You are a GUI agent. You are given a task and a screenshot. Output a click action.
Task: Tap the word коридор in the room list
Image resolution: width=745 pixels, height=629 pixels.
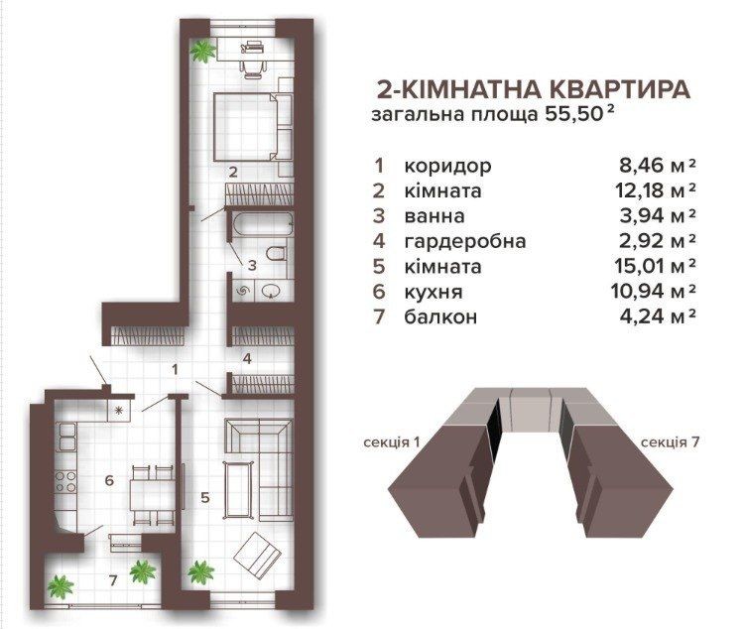pos(447,167)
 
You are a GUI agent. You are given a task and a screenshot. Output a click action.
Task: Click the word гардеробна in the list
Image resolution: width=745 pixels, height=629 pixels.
pos(465,241)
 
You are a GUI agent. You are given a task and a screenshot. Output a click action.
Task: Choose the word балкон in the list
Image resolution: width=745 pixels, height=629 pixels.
pos(440,316)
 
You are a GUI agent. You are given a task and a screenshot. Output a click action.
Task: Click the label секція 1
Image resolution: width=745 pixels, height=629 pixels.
pos(392,442)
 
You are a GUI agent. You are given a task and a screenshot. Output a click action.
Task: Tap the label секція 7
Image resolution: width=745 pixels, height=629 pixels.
pos(670,442)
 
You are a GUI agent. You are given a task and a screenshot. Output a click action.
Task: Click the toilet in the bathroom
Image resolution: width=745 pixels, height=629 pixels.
pos(276,253)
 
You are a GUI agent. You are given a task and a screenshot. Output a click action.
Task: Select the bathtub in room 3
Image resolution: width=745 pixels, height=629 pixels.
pos(262,224)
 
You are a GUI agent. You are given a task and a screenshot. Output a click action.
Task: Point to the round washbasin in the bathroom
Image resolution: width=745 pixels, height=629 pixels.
pos(271,291)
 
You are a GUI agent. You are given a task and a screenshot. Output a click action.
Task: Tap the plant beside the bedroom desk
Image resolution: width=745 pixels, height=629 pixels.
pos(203,51)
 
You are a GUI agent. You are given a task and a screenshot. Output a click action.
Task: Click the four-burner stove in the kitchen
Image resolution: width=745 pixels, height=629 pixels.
pos(65,481)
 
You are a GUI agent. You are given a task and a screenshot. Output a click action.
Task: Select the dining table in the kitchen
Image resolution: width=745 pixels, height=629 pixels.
pos(152,495)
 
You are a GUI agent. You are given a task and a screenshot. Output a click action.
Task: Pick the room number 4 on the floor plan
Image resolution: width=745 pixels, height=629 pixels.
pos(247,359)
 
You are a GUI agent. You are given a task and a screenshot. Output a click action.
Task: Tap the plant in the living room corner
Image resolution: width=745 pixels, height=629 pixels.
pos(200,572)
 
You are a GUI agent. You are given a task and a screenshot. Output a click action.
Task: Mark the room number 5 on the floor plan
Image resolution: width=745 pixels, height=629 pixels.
pos(205,497)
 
